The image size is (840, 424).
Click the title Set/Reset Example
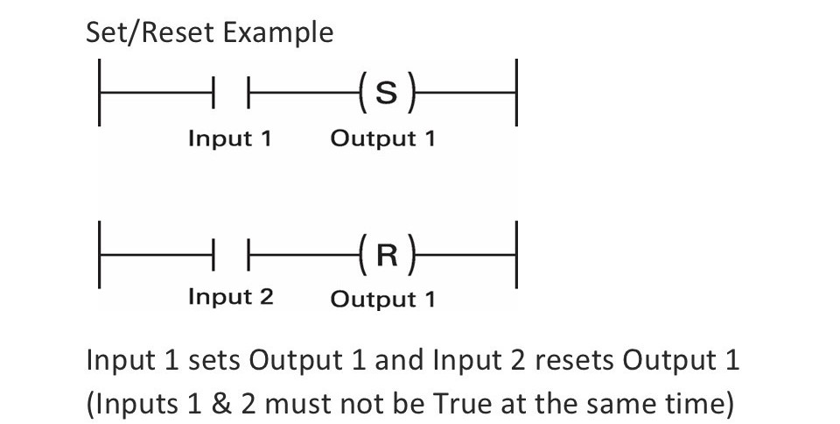click(209, 32)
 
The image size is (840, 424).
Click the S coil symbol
click(385, 93)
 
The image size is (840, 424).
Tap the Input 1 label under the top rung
click(230, 138)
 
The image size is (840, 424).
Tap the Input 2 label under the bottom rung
click(230, 297)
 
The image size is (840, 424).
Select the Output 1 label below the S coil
click(382, 138)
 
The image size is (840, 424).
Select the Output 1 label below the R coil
click(382, 299)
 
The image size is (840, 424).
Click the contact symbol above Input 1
click(232, 93)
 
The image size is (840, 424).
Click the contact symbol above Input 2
click(232, 255)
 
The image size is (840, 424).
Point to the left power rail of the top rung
click(99, 93)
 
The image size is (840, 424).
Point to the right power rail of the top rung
click(516, 93)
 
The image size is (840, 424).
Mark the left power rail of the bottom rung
click(99, 255)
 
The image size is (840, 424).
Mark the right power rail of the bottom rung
click(516, 255)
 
